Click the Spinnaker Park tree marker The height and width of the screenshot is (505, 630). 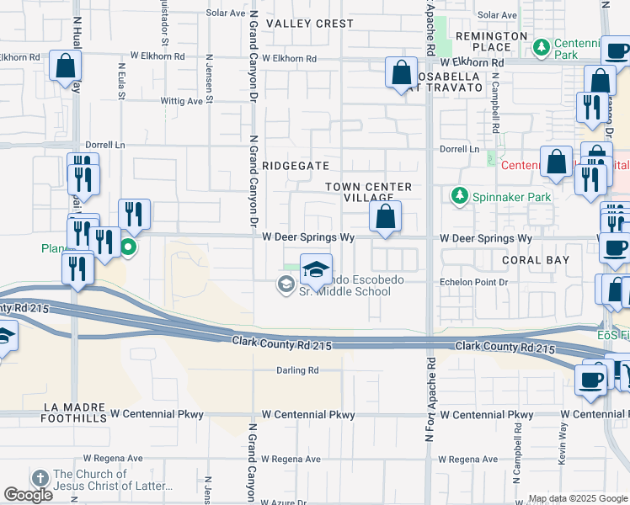[x=459, y=196]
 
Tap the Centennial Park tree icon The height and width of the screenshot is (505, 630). [x=544, y=45]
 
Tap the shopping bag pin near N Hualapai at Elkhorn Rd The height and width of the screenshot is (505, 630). [x=65, y=66]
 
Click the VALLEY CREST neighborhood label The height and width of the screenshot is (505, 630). [x=310, y=24]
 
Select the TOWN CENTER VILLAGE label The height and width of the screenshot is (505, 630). [x=370, y=192]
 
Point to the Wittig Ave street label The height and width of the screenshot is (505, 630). [x=184, y=101]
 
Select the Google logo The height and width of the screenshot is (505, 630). [x=28, y=495]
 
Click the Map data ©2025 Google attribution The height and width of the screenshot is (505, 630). [x=578, y=498]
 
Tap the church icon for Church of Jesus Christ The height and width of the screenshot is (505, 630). [x=40, y=476]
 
